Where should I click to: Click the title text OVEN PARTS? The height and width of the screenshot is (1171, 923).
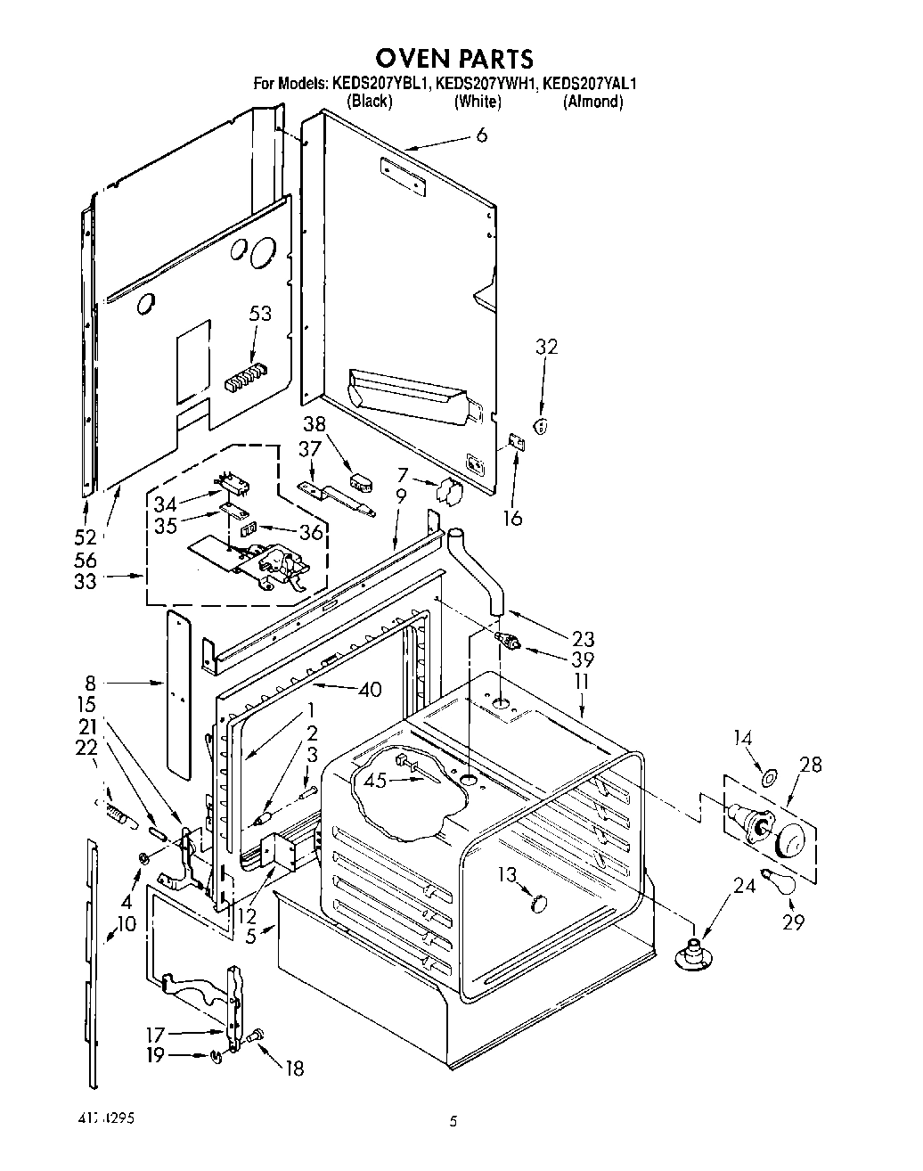click(x=453, y=58)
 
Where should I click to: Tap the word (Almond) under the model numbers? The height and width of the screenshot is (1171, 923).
click(x=592, y=102)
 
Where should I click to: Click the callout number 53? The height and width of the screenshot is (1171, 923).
click(x=260, y=314)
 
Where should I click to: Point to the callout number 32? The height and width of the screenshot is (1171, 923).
click(x=546, y=347)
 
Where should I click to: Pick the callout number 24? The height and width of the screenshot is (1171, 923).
click(x=744, y=886)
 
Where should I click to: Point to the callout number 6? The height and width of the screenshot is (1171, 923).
click(x=481, y=135)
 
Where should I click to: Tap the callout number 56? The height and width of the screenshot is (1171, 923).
click(x=86, y=560)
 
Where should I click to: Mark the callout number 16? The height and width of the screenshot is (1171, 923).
click(x=512, y=517)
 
